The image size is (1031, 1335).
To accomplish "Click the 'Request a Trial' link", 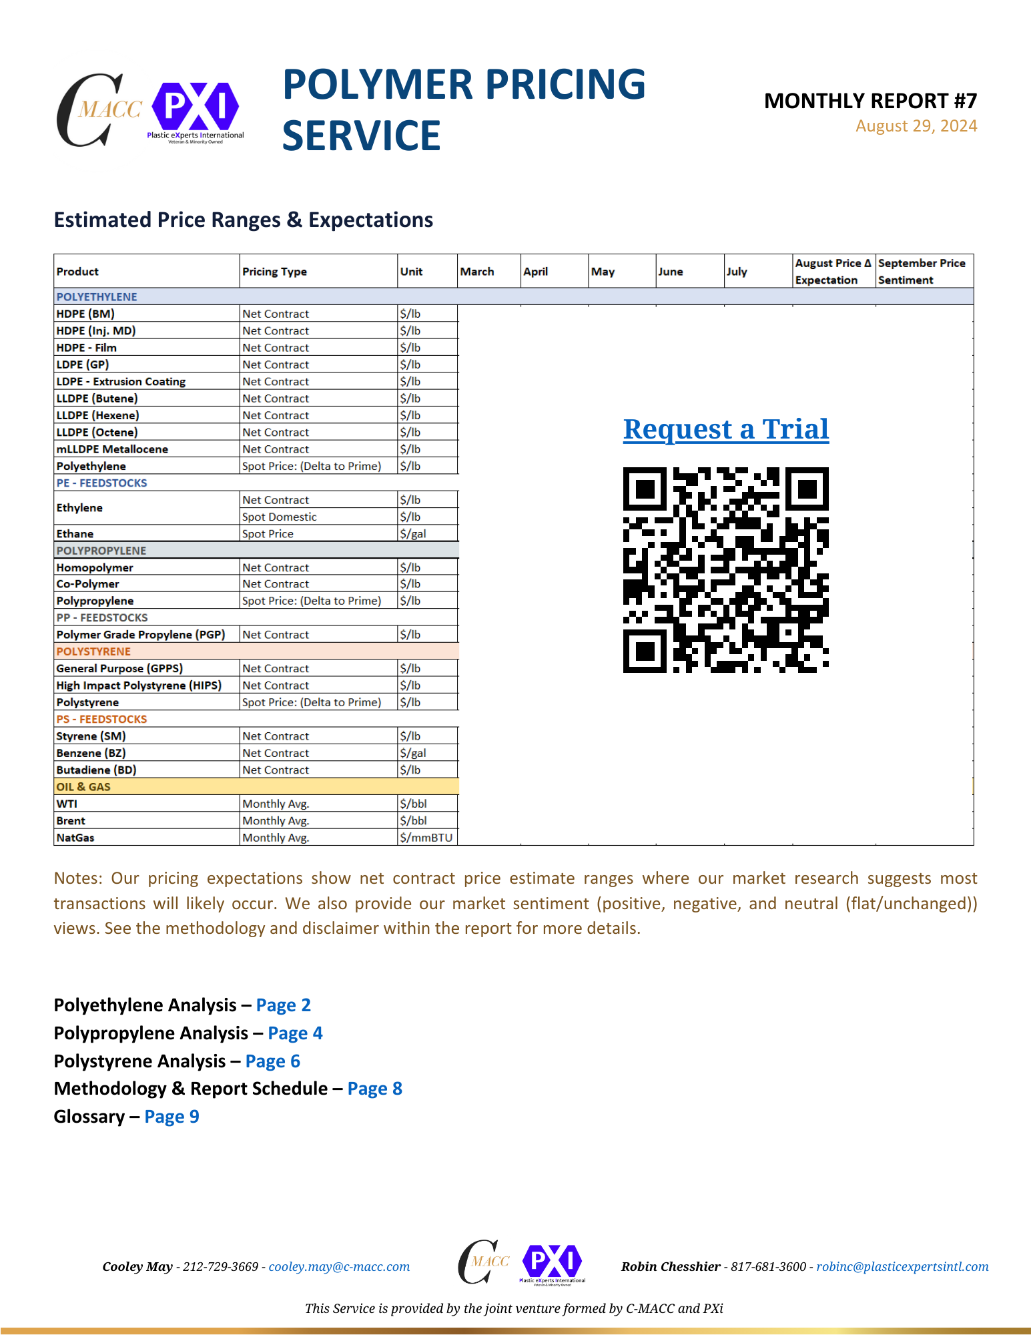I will click(x=726, y=429).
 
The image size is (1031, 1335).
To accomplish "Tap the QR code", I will click(x=726, y=570).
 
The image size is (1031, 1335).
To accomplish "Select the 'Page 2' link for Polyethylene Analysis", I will click(x=284, y=1005).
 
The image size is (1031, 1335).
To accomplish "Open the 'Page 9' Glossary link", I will click(x=171, y=1117).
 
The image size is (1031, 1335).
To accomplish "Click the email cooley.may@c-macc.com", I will click(x=339, y=1267).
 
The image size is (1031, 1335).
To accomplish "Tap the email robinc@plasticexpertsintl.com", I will click(x=902, y=1267).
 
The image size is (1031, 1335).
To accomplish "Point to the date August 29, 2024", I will click(x=916, y=126).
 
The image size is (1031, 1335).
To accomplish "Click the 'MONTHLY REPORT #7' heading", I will click(x=870, y=101).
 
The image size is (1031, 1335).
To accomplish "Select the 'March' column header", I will click(x=477, y=272).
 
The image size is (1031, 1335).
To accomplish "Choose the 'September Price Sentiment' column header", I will click(x=922, y=272).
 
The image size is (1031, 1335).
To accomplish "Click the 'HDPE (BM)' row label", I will click(x=85, y=314).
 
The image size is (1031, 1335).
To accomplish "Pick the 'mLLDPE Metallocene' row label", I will click(x=112, y=449).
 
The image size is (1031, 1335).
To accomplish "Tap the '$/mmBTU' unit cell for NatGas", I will click(x=426, y=838).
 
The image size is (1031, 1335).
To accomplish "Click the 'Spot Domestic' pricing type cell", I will click(x=280, y=517).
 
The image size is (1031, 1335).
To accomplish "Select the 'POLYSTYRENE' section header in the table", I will click(x=93, y=651).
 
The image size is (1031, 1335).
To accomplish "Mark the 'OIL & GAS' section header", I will click(x=83, y=787).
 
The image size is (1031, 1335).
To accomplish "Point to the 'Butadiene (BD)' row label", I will click(x=96, y=770).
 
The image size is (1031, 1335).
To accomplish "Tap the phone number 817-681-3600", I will click(x=768, y=1267).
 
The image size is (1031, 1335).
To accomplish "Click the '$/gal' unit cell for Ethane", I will click(x=413, y=534).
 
